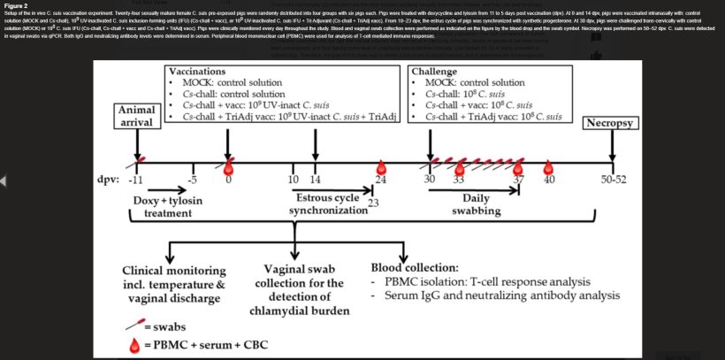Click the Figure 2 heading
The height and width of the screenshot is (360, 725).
tap(15, 5)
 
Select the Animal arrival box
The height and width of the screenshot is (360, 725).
tap(136, 115)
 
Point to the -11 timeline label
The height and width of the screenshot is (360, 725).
tap(135, 180)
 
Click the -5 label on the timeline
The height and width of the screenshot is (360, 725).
tap(192, 180)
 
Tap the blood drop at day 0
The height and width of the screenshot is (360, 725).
tap(228, 165)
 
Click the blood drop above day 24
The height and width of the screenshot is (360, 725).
tap(382, 165)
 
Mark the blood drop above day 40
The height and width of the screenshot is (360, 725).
tap(548, 165)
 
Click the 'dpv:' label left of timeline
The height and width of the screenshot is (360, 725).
tap(109, 180)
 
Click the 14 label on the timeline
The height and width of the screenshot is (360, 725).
tap(316, 180)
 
